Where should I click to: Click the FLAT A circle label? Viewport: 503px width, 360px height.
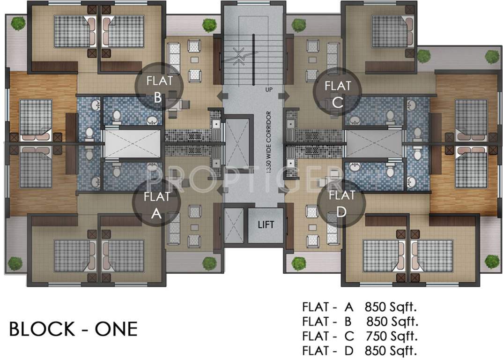tap(156, 204)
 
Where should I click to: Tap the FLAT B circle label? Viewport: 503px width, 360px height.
tap(159, 87)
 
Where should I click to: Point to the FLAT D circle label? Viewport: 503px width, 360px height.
tap(341, 203)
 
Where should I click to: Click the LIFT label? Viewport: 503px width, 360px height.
tap(266, 225)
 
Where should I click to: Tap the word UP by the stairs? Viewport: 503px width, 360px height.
tap(269, 90)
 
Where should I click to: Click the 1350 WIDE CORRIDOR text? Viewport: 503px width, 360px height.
tap(269, 142)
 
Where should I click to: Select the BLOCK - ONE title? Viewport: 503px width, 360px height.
tap(74, 329)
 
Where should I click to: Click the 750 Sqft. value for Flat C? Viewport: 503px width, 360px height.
tap(392, 336)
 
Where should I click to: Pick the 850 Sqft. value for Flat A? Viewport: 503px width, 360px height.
tap(391, 307)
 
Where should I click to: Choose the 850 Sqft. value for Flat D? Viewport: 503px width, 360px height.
tap(391, 350)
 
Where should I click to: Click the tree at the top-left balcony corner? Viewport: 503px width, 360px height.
tap(18, 23)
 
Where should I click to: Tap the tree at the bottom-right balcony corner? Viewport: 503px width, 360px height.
tap(492, 262)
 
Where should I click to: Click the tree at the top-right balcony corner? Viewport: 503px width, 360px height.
tap(492, 57)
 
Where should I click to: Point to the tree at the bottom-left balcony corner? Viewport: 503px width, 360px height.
tap(15, 263)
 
